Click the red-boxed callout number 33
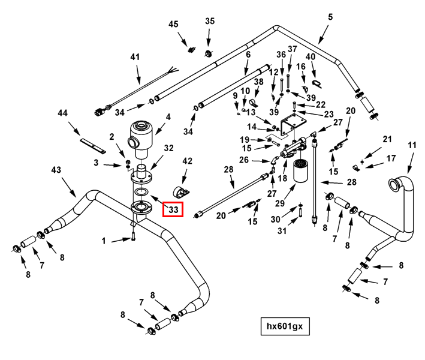point(173,209)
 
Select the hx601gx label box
point(285,326)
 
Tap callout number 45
point(173,24)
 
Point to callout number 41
point(135,57)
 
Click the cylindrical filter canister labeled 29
point(301,170)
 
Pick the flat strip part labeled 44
point(93,145)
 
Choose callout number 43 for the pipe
point(56,170)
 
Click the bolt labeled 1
point(133,237)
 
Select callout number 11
point(412,145)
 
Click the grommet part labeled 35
point(208,53)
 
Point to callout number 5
point(330,17)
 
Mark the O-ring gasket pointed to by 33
point(141,192)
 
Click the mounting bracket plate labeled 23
point(293,125)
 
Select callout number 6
point(248,55)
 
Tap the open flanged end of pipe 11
point(393,184)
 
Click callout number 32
point(168,148)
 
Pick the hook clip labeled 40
point(317,83)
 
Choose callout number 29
point(280,203)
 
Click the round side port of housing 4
point(132,142)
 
